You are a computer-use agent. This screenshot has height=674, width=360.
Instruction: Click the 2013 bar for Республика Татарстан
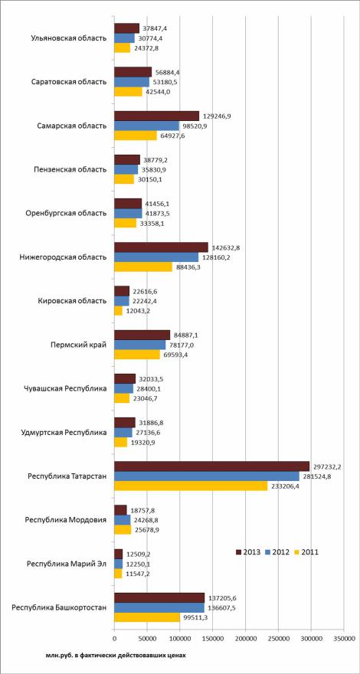point(211,466)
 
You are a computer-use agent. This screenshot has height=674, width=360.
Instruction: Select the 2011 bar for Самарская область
point(136,136)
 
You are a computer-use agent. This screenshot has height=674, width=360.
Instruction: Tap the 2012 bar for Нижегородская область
point(156,257)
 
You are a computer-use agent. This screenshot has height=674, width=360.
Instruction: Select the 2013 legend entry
point(248,552)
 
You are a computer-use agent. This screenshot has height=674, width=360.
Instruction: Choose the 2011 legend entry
point(306,552)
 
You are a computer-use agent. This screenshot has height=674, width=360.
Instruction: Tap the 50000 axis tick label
point(146,636)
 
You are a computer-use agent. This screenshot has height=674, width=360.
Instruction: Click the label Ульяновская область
point(69,38)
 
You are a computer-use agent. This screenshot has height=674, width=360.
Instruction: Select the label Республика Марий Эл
point(66,564)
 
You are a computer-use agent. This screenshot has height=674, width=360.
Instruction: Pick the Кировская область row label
point(72,300)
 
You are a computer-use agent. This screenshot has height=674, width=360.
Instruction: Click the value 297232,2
point(326,466)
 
